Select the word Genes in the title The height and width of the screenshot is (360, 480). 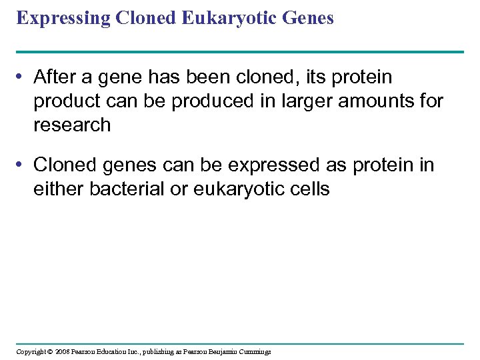pos(309,19)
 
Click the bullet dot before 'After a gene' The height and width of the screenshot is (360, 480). pos(22,78)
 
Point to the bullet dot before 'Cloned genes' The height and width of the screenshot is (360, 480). pos(22,165)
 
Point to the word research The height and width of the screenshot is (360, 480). pos(72,125)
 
